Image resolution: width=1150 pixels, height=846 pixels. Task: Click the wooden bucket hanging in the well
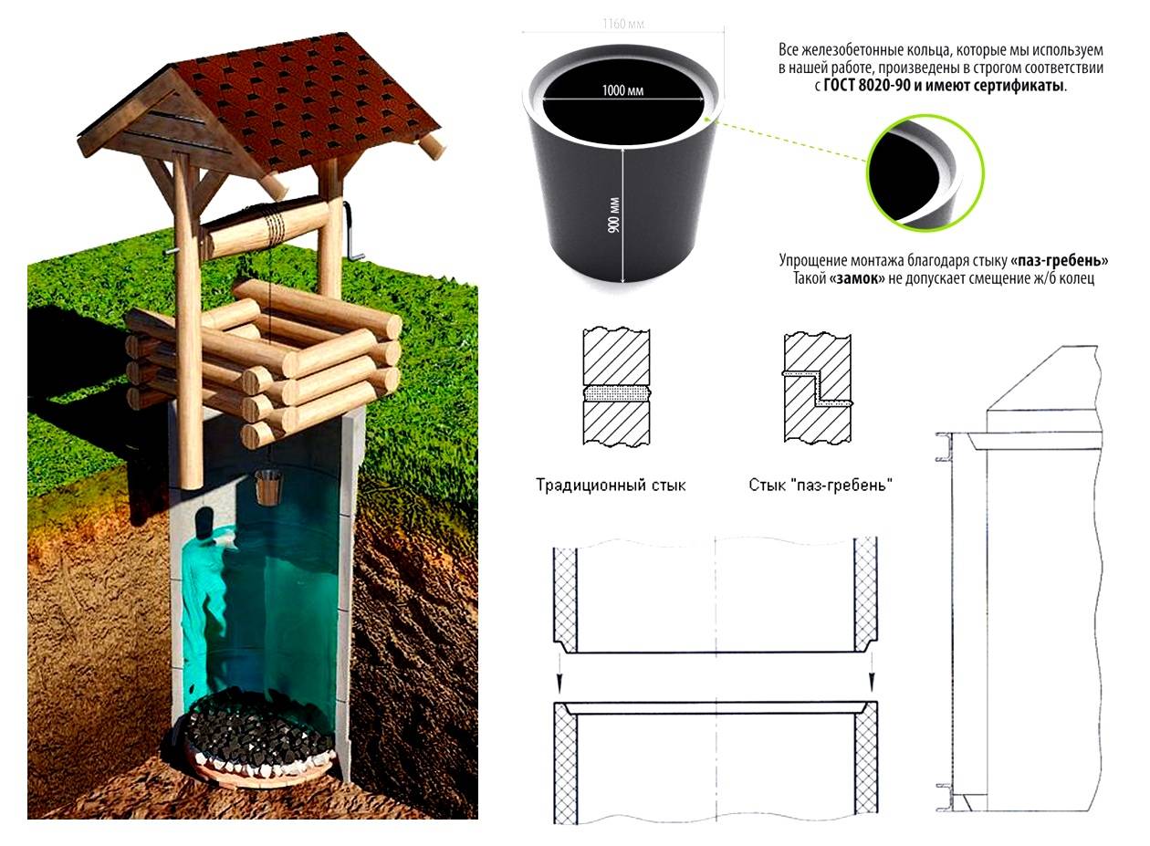click(268, 487)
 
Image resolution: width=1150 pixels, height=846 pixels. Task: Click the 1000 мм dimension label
click(623, 90)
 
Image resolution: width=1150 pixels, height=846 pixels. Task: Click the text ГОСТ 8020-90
click(868, 86)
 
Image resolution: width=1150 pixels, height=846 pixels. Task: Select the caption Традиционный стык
click(611, 486)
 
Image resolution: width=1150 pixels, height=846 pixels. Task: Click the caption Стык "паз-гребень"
click(820, 486)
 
